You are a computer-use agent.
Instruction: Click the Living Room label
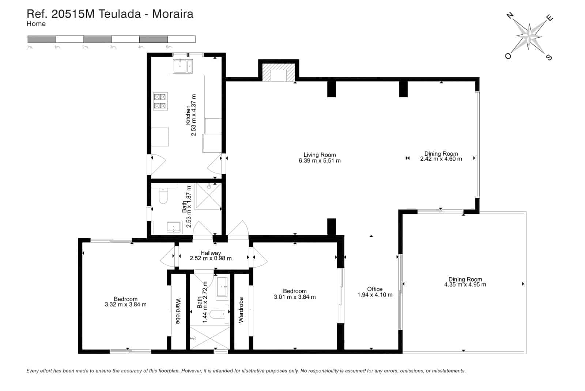[320, 155]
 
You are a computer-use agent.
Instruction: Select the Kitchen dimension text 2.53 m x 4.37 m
[194, 115]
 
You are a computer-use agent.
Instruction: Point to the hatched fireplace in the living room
[279, 74]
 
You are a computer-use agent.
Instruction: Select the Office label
[375, 289]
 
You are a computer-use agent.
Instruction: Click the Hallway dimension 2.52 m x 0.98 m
[211, 258]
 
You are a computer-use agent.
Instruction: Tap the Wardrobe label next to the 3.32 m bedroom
[178, 311]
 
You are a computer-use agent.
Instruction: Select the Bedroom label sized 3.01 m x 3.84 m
[295, 291]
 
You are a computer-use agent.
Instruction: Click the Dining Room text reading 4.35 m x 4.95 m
[465, 284]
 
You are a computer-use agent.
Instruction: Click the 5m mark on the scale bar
[169, 47]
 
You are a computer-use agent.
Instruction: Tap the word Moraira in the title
[173, 14]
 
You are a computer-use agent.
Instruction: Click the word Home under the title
[36, 24]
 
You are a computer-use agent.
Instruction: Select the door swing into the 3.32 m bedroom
[168, 256]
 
